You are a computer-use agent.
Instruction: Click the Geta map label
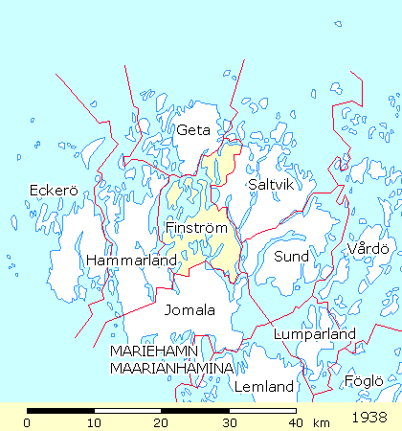[x=192, y=130]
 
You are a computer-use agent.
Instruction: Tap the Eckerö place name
[x=52, y=190]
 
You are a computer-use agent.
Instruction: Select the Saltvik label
[x=268, y=184]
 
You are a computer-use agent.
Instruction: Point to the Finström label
[x=195, y=230]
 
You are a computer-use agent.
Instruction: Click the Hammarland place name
[x=131, y=261]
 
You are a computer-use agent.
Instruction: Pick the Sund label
[x=292, y=257]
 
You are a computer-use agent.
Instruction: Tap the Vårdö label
[x=368, y=249]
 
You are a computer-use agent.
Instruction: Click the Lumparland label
[x=315, y=334]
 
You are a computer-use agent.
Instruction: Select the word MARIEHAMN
[x=153, y=352]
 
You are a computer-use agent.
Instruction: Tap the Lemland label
[x=263, y=388]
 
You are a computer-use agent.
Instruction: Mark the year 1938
[x=369, y=419]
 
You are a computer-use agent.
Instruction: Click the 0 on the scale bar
[x=27, y=422]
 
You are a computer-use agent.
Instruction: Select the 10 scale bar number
[x=94, y=422]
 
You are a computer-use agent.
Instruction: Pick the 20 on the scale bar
[x=161, y=422]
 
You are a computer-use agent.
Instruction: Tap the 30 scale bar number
[x=228, y=422]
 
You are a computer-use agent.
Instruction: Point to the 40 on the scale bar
[x=295, y=422]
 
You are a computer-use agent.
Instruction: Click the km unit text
[x=321, y=422]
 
